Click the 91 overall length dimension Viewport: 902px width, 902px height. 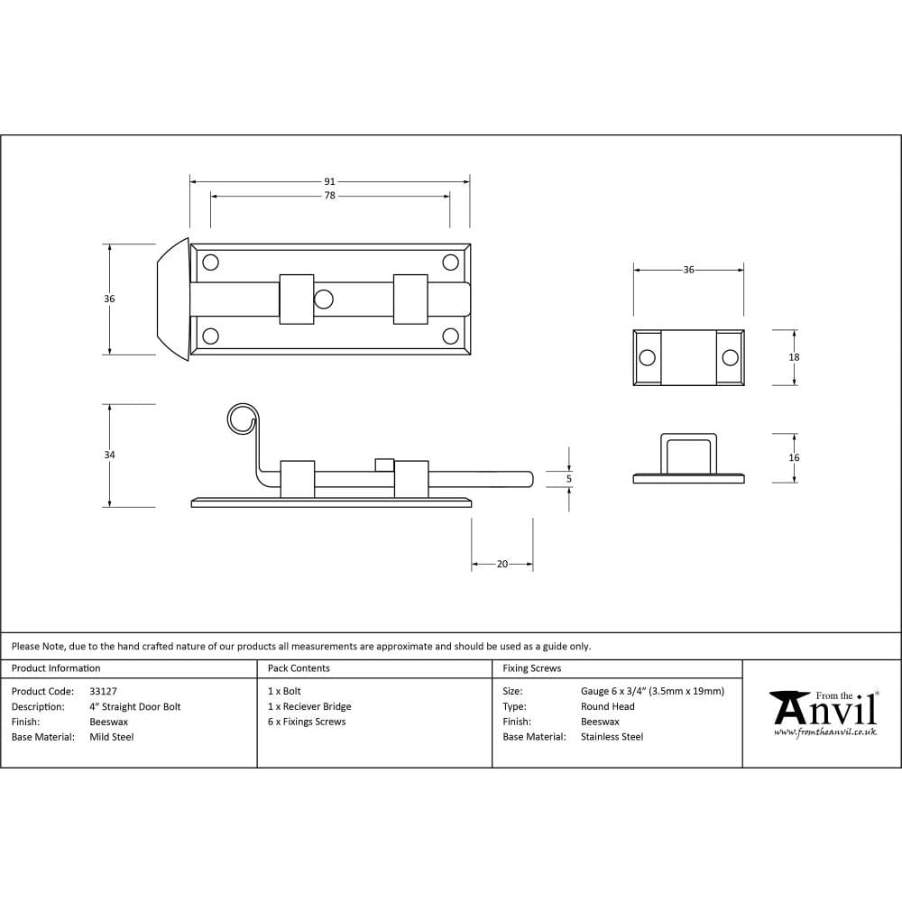[x=329, y=181]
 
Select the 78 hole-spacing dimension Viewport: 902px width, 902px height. [x=329, y=196]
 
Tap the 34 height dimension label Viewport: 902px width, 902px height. [x=109, y=456]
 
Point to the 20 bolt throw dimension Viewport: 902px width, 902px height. [x=502, y=564]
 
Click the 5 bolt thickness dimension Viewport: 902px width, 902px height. [x=568, y=478]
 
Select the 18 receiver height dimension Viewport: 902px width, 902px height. [x=794, y=357]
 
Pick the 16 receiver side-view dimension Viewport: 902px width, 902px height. [x=794, y=458]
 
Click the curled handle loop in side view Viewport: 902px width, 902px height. [x=241, y=419]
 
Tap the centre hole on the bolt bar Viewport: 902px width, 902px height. [x=324, y=299]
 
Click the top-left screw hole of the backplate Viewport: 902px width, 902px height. [x=210, y=262]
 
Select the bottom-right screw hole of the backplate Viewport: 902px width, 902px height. [x=450, y=336]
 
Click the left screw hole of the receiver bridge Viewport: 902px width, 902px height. [x=647, y=358]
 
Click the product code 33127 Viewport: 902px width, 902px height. [x=103, y=691]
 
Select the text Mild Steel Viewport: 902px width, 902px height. [x=111, y=737]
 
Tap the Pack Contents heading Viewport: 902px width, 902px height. [x=299, y=668]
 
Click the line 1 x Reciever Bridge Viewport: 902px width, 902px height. [x=309, y=706]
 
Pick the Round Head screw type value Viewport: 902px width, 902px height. [x=607, y=706]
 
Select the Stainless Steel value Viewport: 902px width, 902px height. [x=612, y=737]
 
